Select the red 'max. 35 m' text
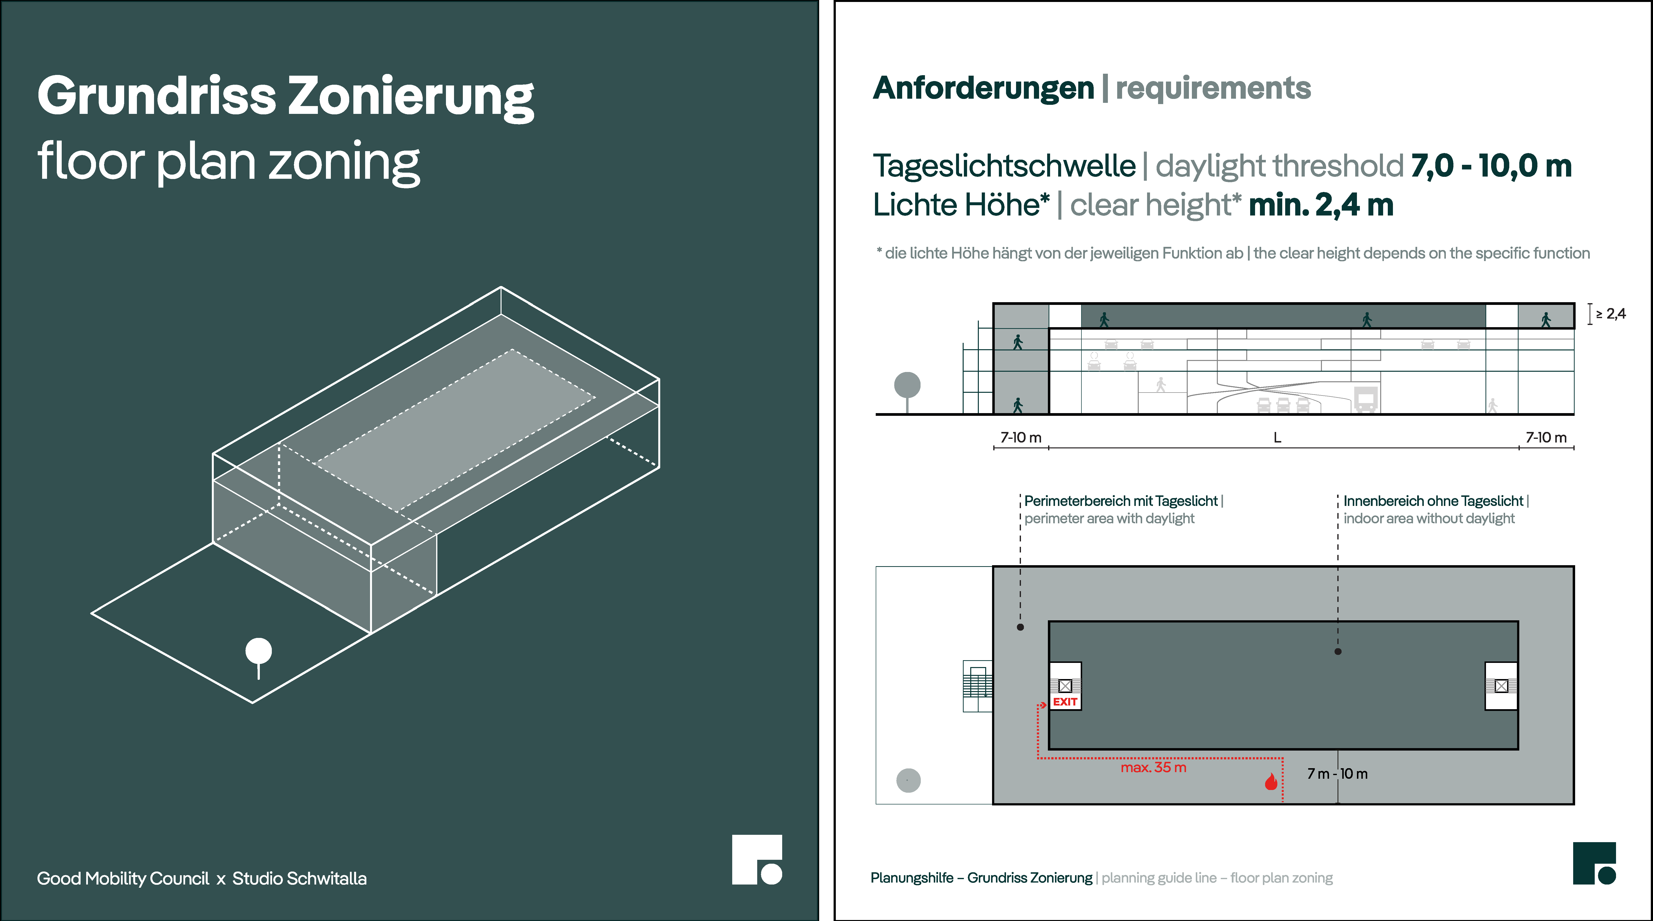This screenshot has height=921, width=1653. coord(1153,768)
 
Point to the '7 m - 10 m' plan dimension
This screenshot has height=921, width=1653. coord(1337,774)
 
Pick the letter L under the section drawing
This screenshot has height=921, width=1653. coord(1277,438)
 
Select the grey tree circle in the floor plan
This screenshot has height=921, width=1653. coord(908,780)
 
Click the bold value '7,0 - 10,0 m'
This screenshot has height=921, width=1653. coord(1491,166)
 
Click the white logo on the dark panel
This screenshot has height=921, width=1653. coord(757,860)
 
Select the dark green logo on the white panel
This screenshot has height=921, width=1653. coord(1595,863)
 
